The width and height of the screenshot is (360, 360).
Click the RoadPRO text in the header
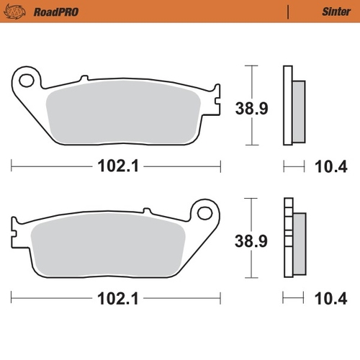click(55, 11)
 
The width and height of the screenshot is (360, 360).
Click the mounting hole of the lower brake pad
click(205, 213)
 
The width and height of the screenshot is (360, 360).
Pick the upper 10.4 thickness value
click(331, 167)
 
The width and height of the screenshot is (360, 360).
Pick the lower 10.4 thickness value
click(331, 297)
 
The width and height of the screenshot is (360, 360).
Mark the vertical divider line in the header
click(288, 11)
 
